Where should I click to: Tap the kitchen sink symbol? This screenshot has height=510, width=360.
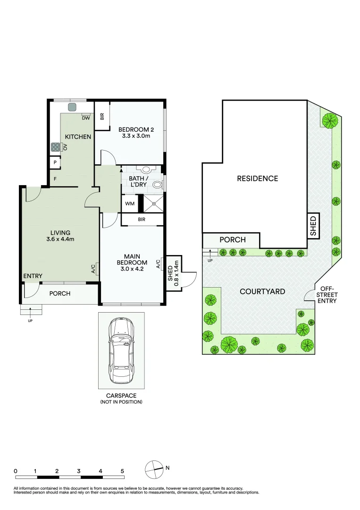coord(73,107)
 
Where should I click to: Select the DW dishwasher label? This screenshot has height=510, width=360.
coord(85,118)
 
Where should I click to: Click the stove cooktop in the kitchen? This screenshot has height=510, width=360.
coord(55,147)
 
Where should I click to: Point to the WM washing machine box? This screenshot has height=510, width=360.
coord(129,204)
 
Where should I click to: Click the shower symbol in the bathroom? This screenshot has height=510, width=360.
coord(152,204)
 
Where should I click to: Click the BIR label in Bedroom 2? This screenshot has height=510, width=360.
coord(101,117)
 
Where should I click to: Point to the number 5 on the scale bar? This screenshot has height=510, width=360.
coord(122,471)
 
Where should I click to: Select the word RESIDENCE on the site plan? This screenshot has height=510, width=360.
coord(257,178)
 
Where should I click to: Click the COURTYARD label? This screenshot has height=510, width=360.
coord(262,291)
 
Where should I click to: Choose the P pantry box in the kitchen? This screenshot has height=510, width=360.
coord(55,162)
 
